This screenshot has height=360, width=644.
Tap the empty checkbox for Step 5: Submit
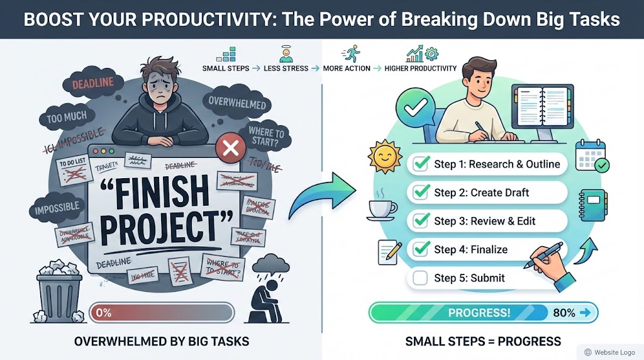click(x=421, y=278)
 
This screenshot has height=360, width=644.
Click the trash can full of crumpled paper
click(x=58, y=290)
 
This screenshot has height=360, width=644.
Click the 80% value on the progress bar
click(x=563, y=312)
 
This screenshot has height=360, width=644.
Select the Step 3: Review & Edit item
click(x=485, y=221)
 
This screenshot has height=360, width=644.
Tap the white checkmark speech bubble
click(x=414, y=110)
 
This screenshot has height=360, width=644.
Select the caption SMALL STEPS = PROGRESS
click(x=483, y=342)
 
